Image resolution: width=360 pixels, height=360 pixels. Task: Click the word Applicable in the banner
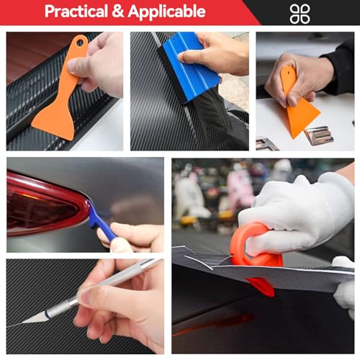tap(168, 12)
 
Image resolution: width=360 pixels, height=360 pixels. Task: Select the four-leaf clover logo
tap(300, 13)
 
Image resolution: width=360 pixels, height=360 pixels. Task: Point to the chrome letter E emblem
tap(318, 134)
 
